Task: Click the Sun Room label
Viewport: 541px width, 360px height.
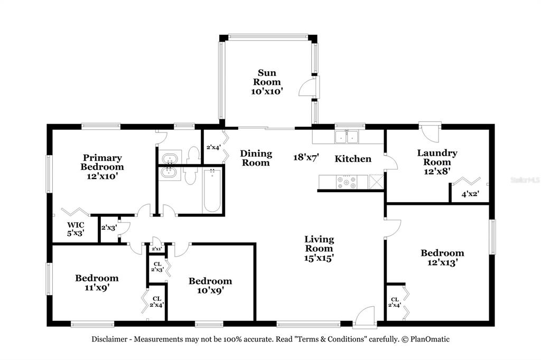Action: tap(267, 77)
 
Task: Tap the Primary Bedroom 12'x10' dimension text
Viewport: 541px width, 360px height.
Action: tap(102, 176)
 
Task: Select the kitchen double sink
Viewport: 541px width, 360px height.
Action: tap(347, 137)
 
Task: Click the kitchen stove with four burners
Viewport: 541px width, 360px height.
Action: tap(347, 182)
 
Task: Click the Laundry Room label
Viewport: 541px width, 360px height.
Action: tap(437, 157)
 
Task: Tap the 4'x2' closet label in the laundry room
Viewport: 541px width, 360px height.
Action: tap(470, 194)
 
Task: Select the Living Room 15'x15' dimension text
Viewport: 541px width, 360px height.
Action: tap(319, 258)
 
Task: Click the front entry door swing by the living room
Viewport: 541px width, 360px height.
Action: tap(365, 315)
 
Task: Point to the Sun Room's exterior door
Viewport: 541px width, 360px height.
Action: tap(308, 87)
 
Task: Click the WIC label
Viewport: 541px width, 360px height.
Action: tap(76, 225)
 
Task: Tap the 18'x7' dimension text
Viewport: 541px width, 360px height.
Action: tap(306, 157)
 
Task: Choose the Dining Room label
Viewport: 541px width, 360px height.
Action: tap(256, 158)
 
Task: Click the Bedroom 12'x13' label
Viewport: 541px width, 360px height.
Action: tap(442, 258)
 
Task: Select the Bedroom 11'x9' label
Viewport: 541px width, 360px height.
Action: tap(97, 282)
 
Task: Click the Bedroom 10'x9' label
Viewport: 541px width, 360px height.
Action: tap(210, 286)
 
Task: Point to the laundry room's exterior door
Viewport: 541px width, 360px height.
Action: tap(430, 131)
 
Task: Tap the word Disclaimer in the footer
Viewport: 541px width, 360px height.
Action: tap(109, 339)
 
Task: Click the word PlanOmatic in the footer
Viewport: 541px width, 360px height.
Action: tap(430, 339)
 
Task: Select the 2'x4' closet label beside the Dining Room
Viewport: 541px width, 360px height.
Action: tap(213, 147)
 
